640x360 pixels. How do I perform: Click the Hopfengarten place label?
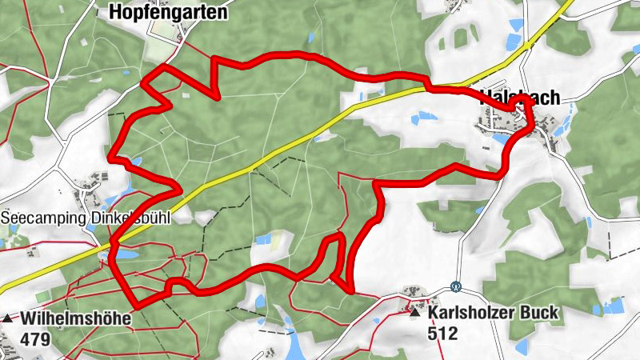[167, 13]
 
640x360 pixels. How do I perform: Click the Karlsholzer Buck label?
[493, 312]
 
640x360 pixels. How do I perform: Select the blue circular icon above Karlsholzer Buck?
[456, 286]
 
